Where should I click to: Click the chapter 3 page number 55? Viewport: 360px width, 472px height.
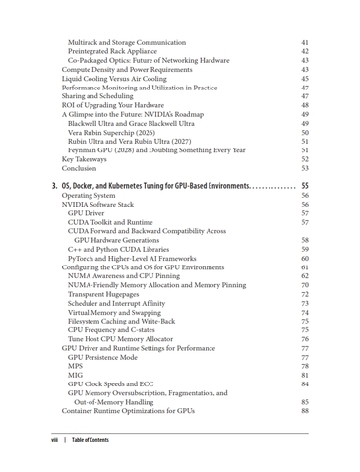305,185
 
